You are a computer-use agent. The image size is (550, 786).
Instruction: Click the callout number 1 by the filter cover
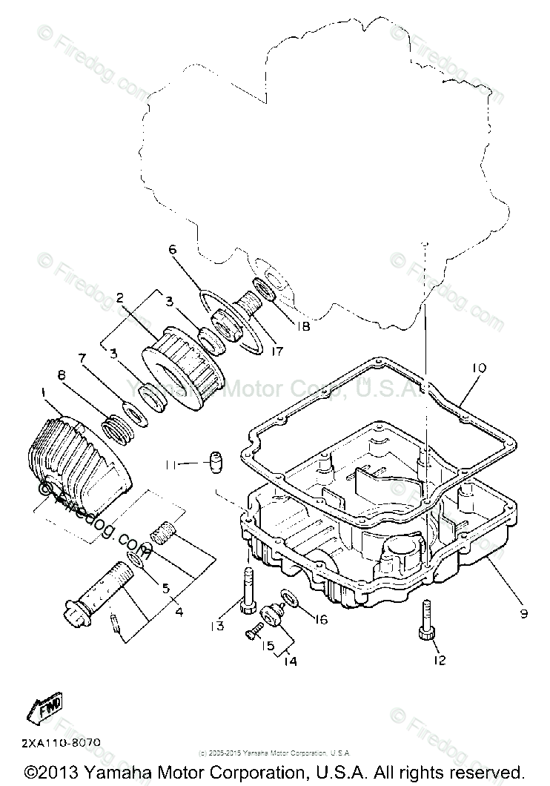[46, 392]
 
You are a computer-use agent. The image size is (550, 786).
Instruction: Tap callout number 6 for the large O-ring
[173, 250]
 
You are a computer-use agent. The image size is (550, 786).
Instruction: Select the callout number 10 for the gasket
[479, 366]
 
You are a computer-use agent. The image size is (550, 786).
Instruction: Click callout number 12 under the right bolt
[440, 660]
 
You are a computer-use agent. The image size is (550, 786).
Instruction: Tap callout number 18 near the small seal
[302, 325]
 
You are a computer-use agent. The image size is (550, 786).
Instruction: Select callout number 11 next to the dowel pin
[171, 465]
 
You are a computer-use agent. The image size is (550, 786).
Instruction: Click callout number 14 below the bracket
[289, 661]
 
